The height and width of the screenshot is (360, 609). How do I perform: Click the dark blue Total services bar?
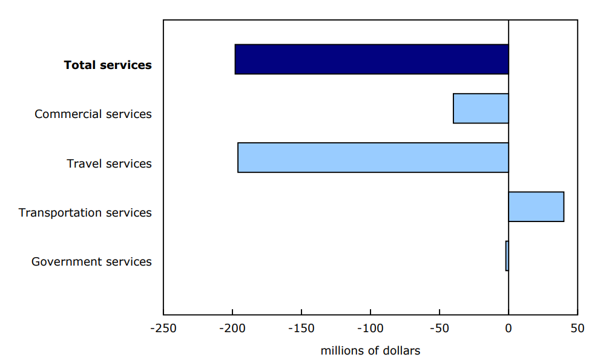[x=371, y=59]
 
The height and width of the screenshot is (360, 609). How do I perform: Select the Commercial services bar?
[x=481, y=108]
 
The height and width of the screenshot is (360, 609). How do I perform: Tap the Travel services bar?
[x=373, y=157]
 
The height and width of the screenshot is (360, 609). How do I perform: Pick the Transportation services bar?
[x=536, y=207]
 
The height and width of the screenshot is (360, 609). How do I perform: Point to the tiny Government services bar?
[x=507, y=256]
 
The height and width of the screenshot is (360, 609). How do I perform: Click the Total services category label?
[x=108, y=65]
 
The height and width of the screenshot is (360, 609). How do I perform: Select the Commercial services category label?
[x=93, y=114]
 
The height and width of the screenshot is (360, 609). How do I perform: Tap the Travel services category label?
[x=109, y=163]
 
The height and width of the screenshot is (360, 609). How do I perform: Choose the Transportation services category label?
[x=85, y=212]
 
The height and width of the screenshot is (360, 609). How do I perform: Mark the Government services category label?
[x=91, y=261]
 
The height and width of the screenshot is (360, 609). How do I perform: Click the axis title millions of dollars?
[x=370, y=350]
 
